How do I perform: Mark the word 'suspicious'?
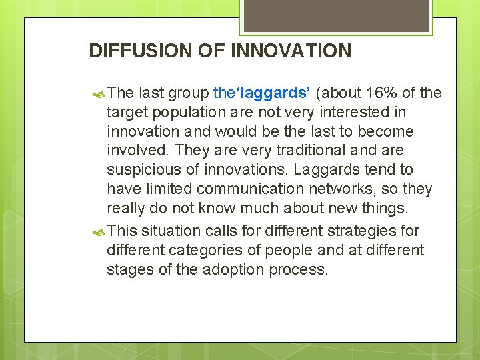tap(142, 170)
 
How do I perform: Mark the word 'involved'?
tap(135, 151)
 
